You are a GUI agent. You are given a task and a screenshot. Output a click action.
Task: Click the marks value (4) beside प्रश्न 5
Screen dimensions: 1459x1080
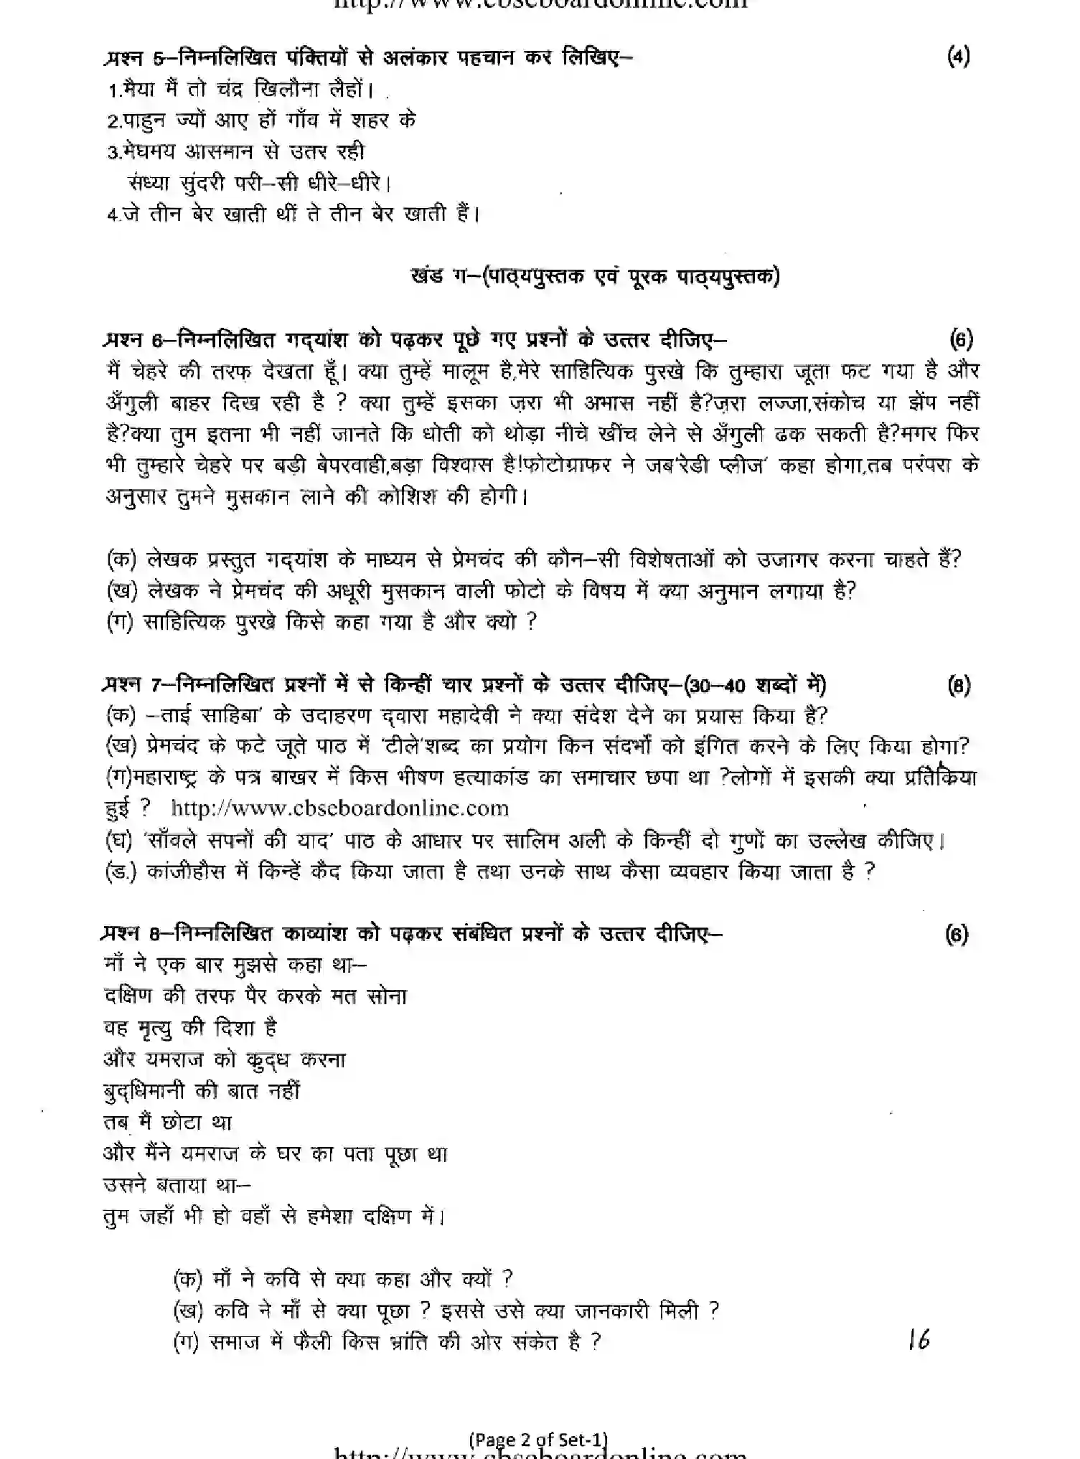tap(958, 57)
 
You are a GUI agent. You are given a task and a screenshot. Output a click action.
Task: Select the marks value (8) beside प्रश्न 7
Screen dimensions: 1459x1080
tap(959, 686)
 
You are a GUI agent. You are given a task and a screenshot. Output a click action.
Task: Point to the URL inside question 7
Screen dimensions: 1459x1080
tap(339, 808)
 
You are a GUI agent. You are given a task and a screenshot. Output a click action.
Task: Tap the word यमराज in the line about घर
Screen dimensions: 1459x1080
tap(220, 1153)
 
